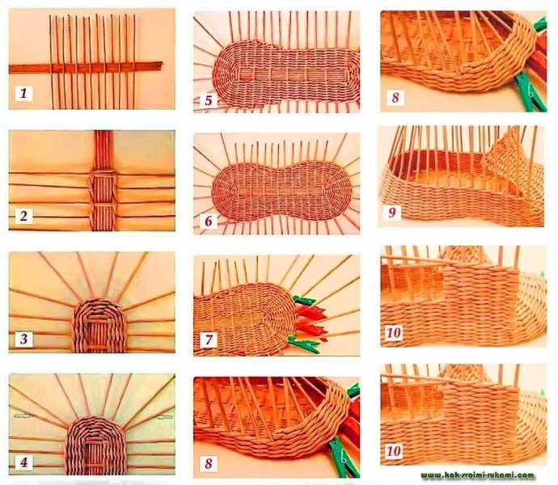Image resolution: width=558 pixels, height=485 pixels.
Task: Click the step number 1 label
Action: (23, 94)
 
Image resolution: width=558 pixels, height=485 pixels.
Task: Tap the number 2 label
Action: (23, 216)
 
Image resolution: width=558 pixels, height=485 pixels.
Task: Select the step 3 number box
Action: (23, 339)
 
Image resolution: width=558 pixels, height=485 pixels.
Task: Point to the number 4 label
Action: (23, 462)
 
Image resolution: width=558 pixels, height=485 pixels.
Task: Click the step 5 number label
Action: (209, 100)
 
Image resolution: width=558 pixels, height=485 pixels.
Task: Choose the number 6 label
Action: (209, 221)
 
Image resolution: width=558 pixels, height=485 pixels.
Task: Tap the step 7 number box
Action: (209, 339)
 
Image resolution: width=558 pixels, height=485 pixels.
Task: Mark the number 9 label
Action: (392, 213)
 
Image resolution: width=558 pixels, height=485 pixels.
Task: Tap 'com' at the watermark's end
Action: (528, 475)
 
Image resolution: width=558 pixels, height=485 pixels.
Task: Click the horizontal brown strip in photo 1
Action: (86, 67)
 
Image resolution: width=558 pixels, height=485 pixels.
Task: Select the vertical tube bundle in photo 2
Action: (104, 180)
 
